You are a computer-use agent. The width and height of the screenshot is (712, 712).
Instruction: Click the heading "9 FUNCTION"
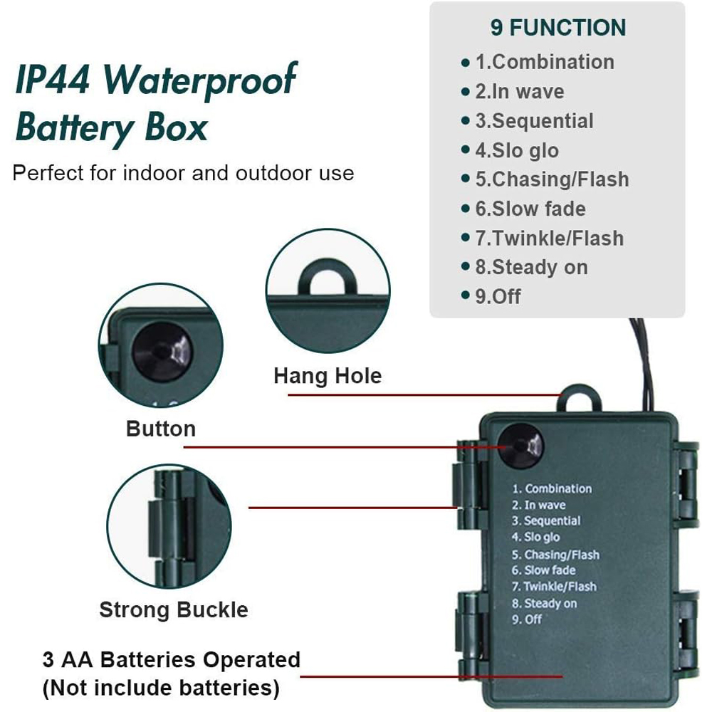tap(558, 28)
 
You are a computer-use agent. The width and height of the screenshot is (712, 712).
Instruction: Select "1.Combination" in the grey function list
tap(545, 62)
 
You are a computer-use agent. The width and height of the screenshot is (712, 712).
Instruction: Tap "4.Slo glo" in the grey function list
tap(517, 150)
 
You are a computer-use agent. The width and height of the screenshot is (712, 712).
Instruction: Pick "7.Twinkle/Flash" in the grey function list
tap(550, 238)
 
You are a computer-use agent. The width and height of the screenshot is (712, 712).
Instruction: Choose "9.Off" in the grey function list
tap(498, 296)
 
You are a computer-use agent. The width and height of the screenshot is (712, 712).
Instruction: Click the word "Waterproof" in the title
tap(199, 80)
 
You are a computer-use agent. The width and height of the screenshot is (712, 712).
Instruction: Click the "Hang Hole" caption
tap(328, 375)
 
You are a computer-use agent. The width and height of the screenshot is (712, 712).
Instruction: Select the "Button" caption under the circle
tap(161, 429)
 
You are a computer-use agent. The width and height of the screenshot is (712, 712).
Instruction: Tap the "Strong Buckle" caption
tap(174, 609)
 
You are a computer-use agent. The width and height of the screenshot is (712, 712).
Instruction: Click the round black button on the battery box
tap(520, 447)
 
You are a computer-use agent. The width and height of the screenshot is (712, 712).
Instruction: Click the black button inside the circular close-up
tap(162, 352)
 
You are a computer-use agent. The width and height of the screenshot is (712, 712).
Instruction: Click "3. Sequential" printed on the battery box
tap(546, 521)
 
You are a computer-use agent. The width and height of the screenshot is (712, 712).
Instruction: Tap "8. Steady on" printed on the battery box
tap(545, 604)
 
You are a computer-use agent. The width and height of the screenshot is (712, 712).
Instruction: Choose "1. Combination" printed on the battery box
tap(552, 488)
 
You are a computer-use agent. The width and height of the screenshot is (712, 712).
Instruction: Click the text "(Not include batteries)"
tap(161, 688)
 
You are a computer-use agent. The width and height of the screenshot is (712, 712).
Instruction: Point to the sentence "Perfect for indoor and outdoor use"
tap(183, 173)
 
